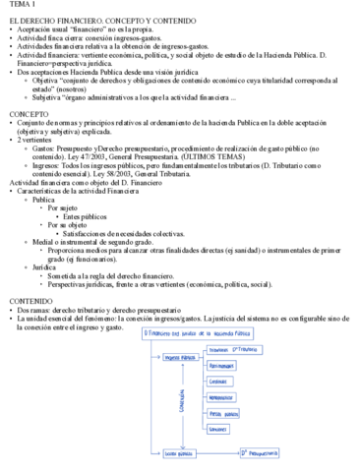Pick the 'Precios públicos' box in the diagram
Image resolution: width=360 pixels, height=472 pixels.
[227, 414]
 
